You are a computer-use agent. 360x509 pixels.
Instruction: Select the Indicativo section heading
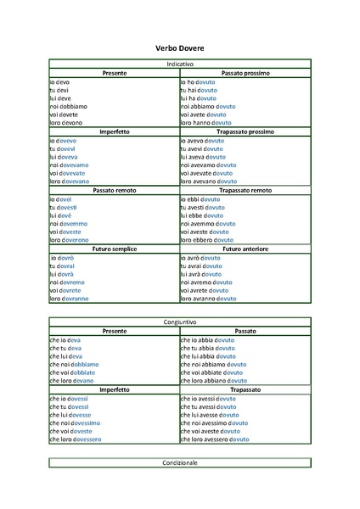tap(179, 64)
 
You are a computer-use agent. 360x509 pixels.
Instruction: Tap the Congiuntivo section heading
tap(179, 322)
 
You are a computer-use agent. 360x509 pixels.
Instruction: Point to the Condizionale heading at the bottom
tap(179, 462)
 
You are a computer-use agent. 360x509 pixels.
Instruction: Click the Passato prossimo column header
tap(245, 74)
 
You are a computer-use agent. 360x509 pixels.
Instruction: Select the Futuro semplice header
tap(114, 249)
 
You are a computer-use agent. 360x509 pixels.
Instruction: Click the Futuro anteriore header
tap(245, 249)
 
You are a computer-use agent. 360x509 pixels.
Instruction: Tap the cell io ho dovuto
tap(200, 81)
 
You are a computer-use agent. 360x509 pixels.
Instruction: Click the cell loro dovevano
tap(69, 181)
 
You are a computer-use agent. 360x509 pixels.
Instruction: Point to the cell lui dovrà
tap(62, 274)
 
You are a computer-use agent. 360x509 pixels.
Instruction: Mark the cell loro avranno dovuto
tap(211, 299)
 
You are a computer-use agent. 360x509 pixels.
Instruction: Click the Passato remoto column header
tap(114, 190)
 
